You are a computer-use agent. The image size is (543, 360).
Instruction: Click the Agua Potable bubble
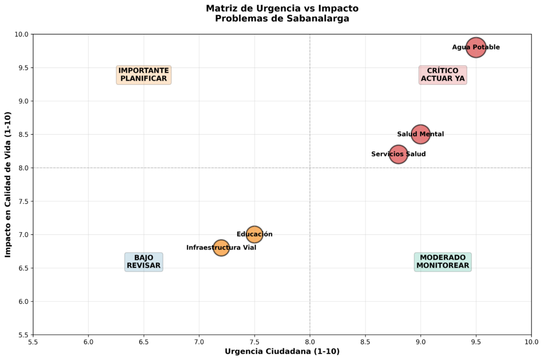tap(476, 48)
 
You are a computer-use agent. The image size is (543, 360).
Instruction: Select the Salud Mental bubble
tap(421, 134)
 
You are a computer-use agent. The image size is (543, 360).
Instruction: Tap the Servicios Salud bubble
tap(398, 154)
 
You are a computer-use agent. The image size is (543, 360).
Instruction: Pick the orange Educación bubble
tap(255, 234)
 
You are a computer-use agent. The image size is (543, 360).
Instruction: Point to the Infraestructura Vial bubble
tap(221, 248)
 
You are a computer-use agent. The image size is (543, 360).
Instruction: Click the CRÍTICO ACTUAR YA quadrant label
tap(443, 75)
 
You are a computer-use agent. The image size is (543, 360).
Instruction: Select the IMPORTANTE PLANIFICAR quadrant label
tap(144, 75)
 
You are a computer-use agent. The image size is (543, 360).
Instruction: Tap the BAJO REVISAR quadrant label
tap(144, 261)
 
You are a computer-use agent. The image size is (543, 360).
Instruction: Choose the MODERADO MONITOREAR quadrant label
tap(443, 261)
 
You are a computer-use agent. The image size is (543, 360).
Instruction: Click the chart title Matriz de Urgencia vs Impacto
tap(282, 8)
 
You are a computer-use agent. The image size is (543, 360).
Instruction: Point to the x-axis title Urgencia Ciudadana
tap(282, 352)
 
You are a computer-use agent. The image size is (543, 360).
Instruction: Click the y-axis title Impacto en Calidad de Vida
tap(8, 185)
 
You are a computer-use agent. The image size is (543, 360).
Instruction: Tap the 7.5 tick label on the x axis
tap(255, 342)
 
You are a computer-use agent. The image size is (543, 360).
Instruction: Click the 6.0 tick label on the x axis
tap(89, 342)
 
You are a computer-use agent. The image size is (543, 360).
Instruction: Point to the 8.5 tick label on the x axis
tap(365, 342)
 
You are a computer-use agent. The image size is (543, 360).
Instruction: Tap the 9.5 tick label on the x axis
tap(476, 342)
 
